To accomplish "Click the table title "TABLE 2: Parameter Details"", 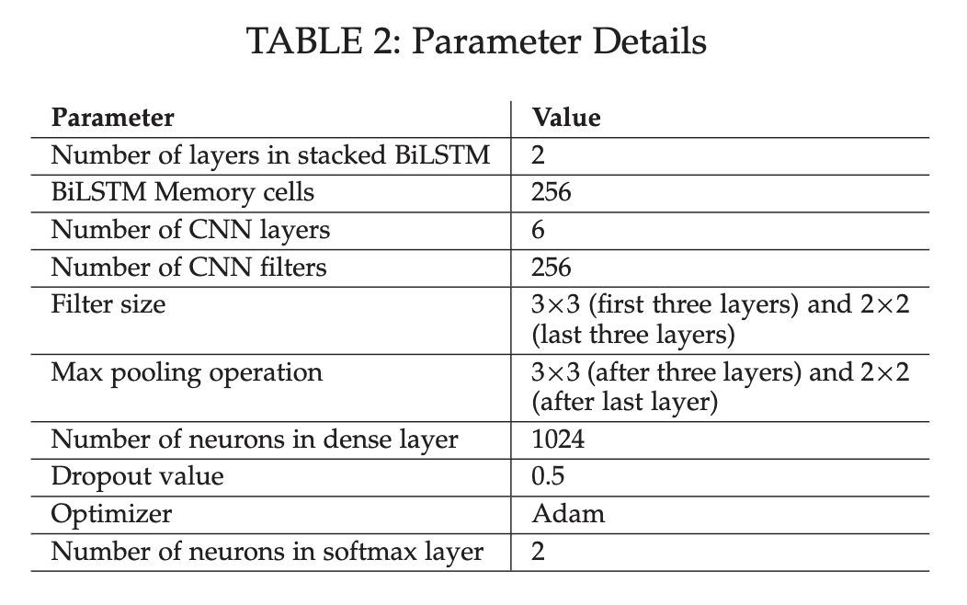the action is tap(478, 42).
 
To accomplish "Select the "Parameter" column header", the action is tap(112, 118).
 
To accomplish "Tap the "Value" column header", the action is tap(566, 118).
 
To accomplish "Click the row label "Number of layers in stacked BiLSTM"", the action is tap(270, 155).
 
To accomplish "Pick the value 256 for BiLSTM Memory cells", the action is tap(552, 193).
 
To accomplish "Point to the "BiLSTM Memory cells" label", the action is tap(182, 193).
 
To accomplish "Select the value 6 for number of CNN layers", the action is tap(539, 230).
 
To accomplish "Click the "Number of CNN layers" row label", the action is tap(190, 230).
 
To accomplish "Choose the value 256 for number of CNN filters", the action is tap(552, 268).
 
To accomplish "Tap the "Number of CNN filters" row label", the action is tap(188, 268).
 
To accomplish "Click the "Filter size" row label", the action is tap(108, 304).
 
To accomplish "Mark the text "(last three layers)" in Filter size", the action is tap(633, 335).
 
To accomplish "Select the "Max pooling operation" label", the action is tap(187, 372).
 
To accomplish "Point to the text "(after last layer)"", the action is tap(624, 403).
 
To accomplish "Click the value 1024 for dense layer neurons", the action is tap(558, 439).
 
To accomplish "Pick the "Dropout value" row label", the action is tap(137, 477).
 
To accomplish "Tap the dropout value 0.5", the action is tap(548, 477).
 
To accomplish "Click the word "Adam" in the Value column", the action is tap(568, 514).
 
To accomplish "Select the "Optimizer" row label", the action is tap(110, 514).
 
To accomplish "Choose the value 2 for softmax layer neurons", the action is tap(539, 552).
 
